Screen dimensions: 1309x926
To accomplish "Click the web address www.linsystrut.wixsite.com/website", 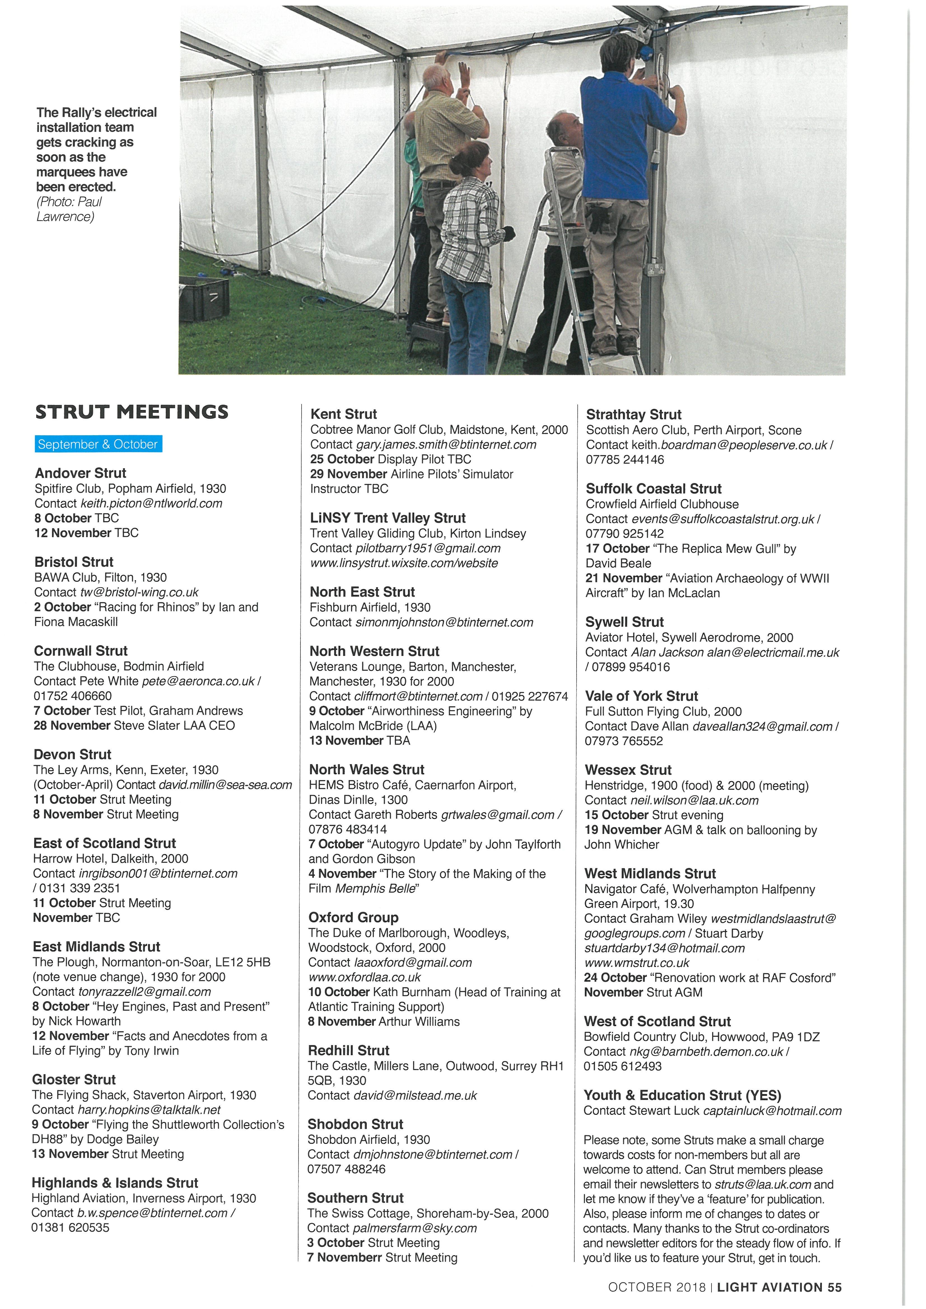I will point(404,563).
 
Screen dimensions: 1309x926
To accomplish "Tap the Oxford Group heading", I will point(353,917).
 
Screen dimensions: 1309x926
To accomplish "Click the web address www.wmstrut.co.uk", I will point(637,963).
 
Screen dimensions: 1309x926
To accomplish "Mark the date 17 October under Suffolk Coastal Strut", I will point(617,549).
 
